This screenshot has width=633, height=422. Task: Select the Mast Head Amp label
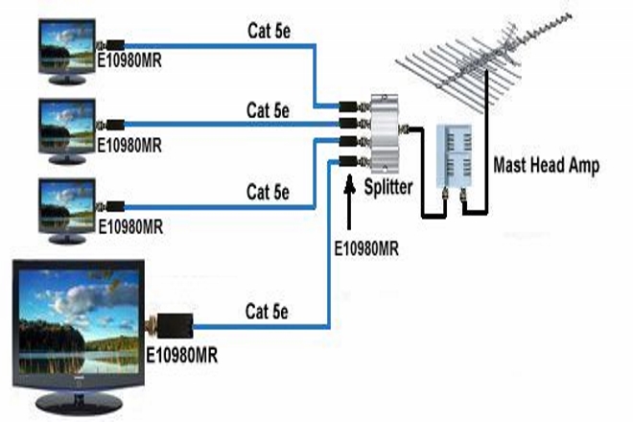pyautogui.click(x=546, y=165)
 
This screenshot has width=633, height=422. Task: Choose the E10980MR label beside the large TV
pyautogui.click(x=182, y=356)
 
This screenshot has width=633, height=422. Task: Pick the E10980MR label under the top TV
pyautogui.click(x=129, y=68)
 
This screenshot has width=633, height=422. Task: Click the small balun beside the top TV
pyautogui.click(x=113, y=45)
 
